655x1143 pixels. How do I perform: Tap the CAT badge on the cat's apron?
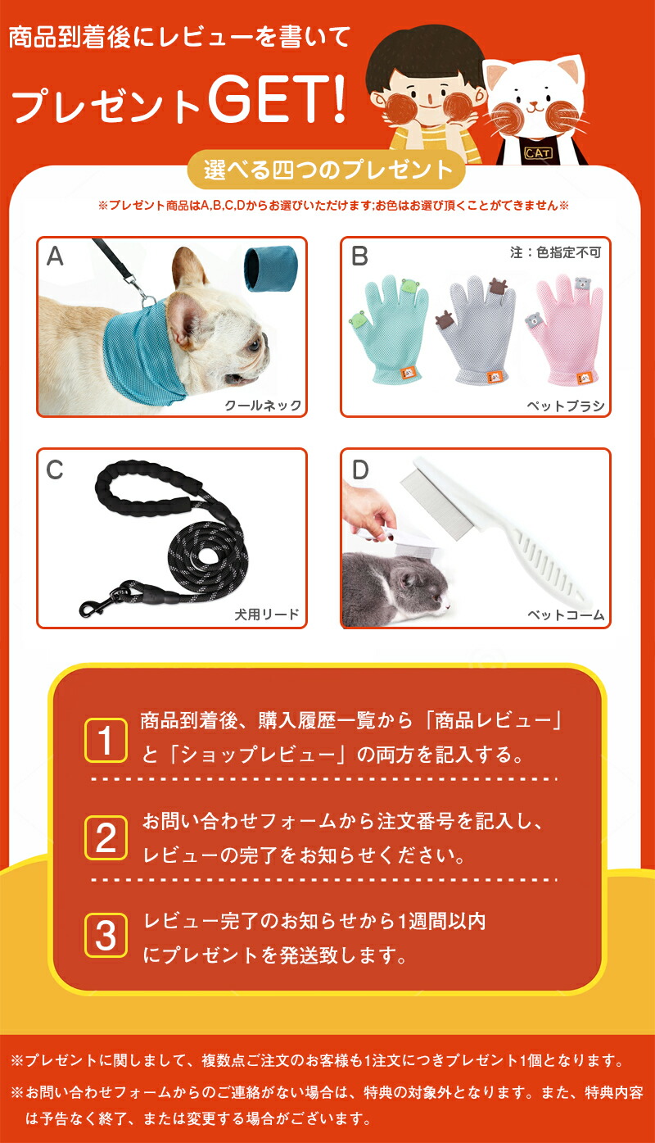[x=538, y=152]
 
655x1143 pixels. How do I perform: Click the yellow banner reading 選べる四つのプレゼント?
[x=327, y=170]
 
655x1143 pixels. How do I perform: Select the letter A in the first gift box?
[x=55, y=256]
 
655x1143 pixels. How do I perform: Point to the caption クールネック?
[x=264, y=405]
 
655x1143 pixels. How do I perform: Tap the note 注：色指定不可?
[x=556, y=252]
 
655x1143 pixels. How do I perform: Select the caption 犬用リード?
[x=267, y=614]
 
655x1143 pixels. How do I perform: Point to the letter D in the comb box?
[x=360, y=469]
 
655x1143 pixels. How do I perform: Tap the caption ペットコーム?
[x=566, y=615]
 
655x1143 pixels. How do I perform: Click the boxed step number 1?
[x=106, y=741]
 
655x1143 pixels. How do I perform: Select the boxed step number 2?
[x=106, y=838]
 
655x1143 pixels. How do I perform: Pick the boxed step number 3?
[x=106, y=936]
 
